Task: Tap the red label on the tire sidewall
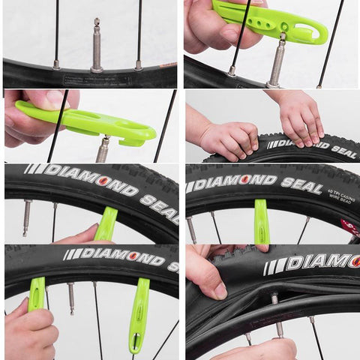click(x=349, y=226)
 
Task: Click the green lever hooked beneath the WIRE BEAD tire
click(x=261, y=222)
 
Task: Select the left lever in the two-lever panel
click(x=36, y=294)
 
